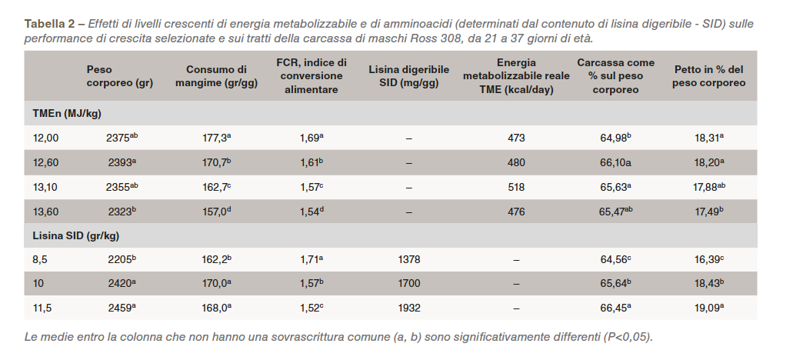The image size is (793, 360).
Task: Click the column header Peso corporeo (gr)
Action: point(119,76)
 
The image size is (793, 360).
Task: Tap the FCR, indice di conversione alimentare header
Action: point(311,76)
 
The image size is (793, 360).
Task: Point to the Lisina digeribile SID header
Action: point(409,76)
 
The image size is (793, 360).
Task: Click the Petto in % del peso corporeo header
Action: point(708,76)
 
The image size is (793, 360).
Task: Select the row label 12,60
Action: point(45,162)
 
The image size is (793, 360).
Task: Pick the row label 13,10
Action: point(45,187)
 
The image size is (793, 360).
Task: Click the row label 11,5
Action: point(42,308)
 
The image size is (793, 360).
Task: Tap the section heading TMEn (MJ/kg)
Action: point(67,114)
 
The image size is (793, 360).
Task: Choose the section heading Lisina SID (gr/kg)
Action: point(75,235)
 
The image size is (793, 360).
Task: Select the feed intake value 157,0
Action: point(212,212)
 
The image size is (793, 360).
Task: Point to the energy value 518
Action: point(516,187)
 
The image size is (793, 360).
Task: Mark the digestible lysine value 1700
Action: point(409,284)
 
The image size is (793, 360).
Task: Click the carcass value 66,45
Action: point(612,308)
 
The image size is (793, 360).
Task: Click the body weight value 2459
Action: point(121,308)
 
